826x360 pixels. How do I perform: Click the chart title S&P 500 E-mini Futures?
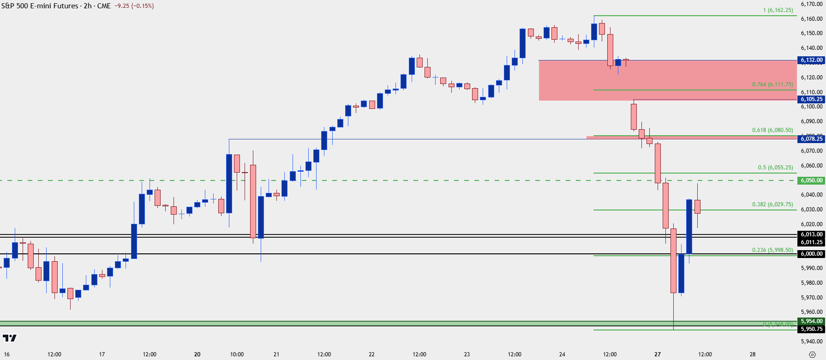(40, 6)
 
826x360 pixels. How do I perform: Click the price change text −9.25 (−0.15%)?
(136, 6)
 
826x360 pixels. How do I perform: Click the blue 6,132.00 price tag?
(811, 60)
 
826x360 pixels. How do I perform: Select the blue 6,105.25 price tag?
(811, 99)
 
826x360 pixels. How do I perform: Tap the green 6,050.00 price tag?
(811, 180)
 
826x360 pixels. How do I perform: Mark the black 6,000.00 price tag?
(811, 254)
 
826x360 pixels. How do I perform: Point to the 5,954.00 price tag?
(811, 321)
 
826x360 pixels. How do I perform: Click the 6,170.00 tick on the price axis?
(811, 4)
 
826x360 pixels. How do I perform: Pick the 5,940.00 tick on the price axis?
(811, 342)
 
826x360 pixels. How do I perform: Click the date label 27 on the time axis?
(658, 354)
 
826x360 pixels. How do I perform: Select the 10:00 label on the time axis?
(237, 354)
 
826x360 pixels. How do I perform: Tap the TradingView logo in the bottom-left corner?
(9, 338)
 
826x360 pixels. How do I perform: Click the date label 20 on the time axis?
(197, 354)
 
